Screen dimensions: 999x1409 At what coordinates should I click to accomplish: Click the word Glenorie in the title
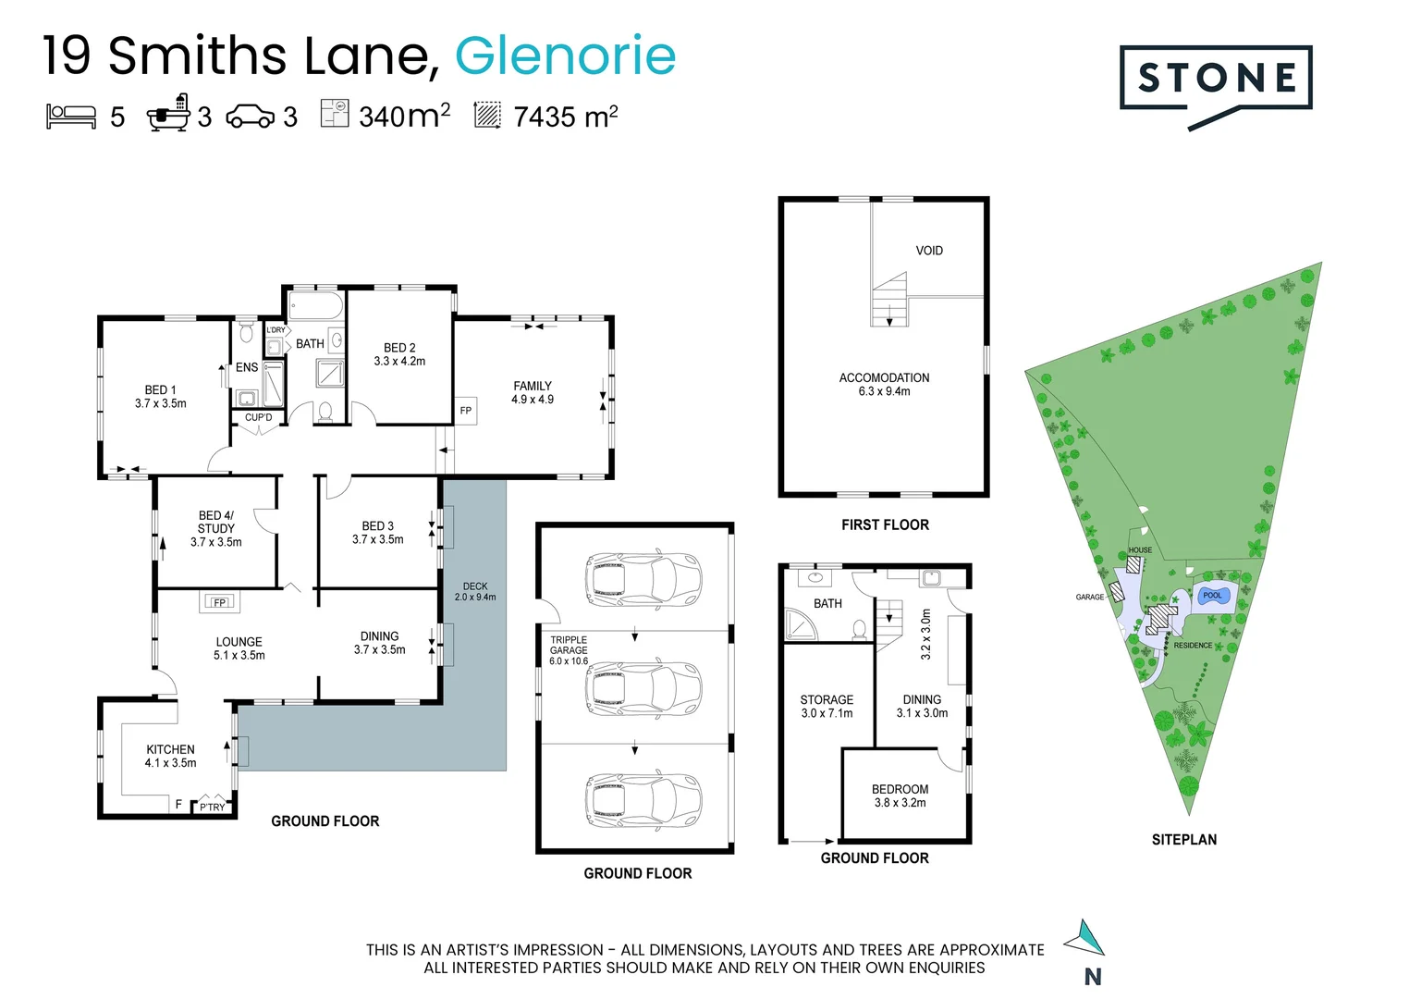coord(565,55)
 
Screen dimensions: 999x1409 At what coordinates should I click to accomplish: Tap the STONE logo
coord(1215,80)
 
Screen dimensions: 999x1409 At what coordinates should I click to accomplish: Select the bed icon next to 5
coord(71,116)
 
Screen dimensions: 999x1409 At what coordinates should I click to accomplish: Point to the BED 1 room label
coord(160,396)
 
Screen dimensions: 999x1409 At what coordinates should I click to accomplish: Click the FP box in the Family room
coord(465,411)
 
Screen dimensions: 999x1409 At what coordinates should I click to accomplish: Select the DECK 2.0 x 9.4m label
coord(474,591)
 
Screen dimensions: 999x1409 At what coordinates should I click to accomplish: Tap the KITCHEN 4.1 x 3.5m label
coord(170,756)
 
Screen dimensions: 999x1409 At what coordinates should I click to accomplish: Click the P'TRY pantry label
coord(212,807)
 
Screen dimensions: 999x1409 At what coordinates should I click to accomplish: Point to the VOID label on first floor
coord(928,251)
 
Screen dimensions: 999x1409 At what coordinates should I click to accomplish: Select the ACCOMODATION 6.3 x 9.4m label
coord(884,384)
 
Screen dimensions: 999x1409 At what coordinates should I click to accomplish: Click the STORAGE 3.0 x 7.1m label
coord(827,706)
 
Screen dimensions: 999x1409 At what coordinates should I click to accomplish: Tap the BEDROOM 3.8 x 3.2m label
coord(900,795)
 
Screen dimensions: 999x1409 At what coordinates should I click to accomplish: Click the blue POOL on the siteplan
coord(1211,596)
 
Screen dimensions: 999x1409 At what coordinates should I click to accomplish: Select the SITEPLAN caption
coord(1183,840)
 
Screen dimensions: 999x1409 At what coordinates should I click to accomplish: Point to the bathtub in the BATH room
coord(315,306)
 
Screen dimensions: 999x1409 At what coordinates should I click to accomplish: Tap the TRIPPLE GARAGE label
coord(568,649)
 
